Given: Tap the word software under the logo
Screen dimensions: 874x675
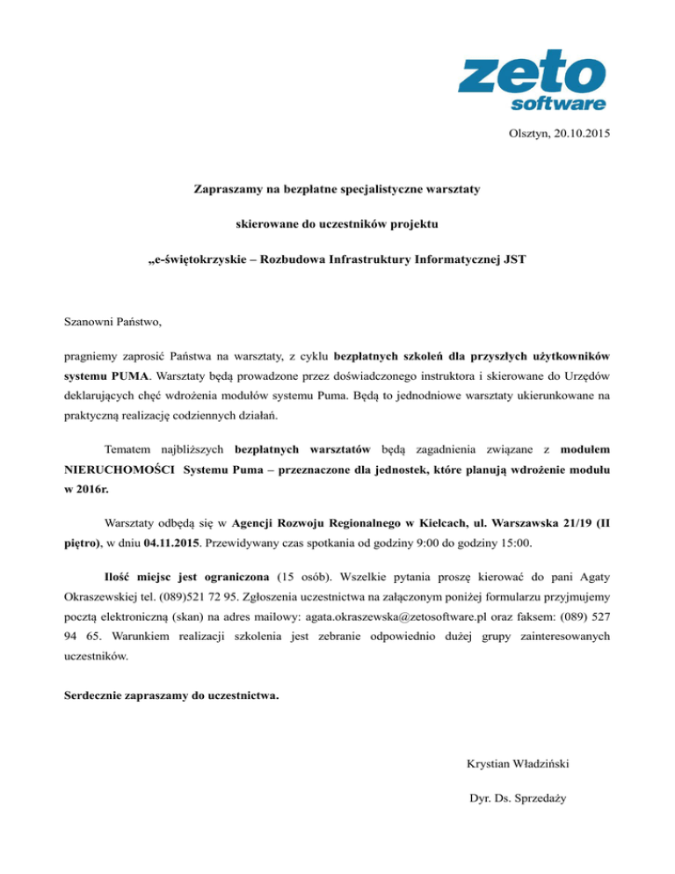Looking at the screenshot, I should tap(558, 104).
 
